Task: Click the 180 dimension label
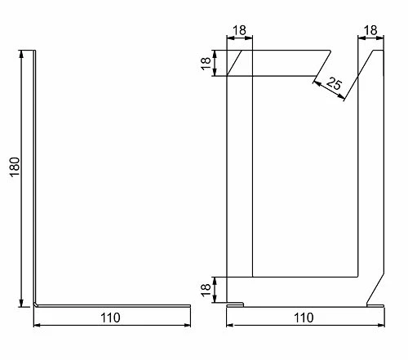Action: pos(15,167)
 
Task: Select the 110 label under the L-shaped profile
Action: pos(110,318)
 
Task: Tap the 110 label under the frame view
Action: pos(304,318)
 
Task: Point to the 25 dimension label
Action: pos(334,83)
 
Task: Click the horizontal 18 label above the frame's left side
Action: pos(239,30)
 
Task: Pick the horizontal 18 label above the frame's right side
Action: pos(370,30)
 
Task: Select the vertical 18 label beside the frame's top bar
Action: pos(206,64)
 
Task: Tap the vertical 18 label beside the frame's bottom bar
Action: pos(206,290)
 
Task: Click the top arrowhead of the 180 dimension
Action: pos(21,54)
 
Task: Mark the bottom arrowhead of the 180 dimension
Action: pos(21,303)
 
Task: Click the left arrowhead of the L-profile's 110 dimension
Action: pos(37,325)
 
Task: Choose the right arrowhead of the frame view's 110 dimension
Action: pos(381,325)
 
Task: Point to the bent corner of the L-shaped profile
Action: pos(35,304)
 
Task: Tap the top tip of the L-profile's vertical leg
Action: pos(34,51)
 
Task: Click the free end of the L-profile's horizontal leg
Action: pos(189,306)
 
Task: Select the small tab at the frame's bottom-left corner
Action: pos(236,304)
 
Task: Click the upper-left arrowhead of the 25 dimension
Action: pos(317,82)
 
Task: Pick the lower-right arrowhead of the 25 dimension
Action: pos(342,96)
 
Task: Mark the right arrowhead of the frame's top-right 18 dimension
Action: pos(380,38)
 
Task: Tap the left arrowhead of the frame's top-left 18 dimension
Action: pos(230,38)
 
